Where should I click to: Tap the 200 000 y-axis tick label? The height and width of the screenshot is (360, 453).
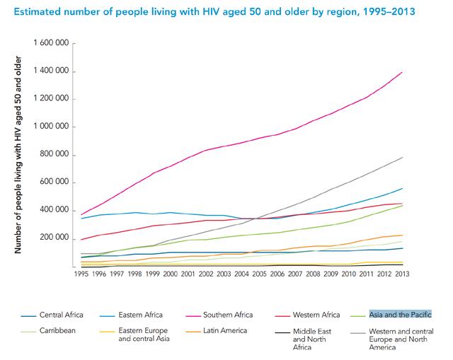click(x=55, y=239)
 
